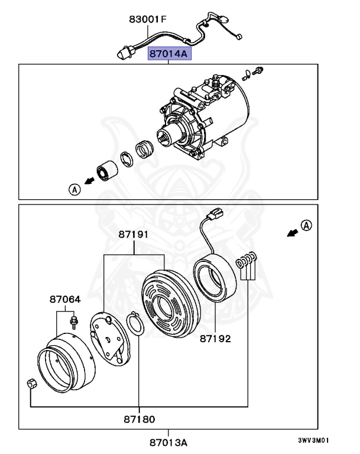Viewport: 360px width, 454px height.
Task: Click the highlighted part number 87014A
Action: tap(168, 54)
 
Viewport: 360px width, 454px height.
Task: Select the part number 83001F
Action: tap(148, 20)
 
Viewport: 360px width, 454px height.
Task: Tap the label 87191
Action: tap(135, 234)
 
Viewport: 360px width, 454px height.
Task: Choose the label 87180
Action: tap(139, 420)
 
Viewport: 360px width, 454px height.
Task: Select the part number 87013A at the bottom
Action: tap(168, 442)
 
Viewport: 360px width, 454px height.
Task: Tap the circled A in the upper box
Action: tap(74, 189)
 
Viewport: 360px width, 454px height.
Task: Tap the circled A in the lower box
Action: tap(305, 225)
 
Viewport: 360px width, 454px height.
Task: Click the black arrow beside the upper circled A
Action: tap(88, 182)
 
